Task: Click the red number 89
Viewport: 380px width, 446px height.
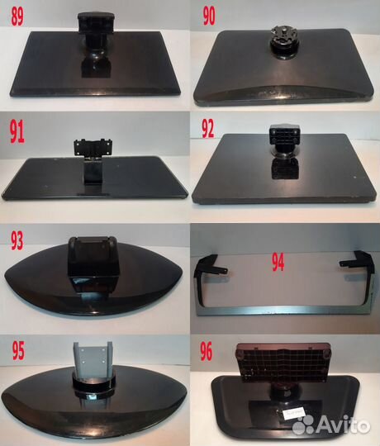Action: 17,17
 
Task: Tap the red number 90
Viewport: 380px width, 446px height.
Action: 209,16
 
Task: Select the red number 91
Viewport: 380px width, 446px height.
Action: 17,131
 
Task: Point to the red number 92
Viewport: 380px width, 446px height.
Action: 208,128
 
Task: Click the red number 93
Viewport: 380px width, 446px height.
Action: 17,240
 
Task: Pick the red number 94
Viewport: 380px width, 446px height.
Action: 278,262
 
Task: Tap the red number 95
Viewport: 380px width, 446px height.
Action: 18,350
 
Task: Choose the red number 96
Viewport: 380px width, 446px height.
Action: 207,351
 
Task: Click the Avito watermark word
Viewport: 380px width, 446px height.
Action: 343,424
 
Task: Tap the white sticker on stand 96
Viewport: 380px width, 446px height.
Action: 294,414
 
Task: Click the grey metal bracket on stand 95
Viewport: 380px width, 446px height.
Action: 93,356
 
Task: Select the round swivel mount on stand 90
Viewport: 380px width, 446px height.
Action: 284,42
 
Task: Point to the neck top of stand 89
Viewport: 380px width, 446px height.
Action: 96,21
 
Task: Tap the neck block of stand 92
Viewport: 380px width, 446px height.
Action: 285,135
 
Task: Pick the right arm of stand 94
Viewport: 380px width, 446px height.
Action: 359,273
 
